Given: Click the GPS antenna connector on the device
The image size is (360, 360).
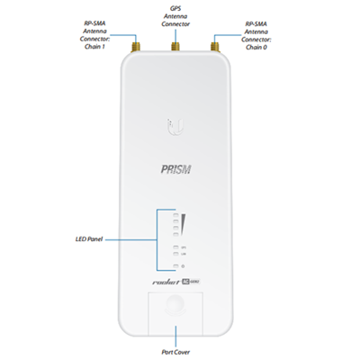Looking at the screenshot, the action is coord(175,47).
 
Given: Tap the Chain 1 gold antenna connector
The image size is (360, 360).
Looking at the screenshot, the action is coord(135,47).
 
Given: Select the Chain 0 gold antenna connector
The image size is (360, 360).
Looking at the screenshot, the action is coord(214,47).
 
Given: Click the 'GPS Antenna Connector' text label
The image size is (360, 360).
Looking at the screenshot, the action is coord(175,16).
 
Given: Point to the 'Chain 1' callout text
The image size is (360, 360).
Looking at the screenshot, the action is coord(94,47).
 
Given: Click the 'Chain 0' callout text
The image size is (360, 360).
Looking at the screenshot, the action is coord(256,47).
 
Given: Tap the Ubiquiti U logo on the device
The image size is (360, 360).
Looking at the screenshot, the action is coord(175,127).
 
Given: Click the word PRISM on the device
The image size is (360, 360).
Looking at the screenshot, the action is coord(175,169).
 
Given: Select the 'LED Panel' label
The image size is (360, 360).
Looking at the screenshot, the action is coord(89,239).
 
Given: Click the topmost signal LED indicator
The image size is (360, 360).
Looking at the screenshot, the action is coord(175,215).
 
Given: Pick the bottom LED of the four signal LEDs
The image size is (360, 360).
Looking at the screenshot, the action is coord(175,234).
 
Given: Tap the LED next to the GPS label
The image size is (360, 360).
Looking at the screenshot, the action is coord(175,247).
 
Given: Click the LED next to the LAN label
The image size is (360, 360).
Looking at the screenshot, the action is coord(175,254).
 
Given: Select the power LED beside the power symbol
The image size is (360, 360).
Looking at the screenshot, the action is coord(175,266).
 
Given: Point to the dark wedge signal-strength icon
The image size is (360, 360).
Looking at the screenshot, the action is coord(184,224).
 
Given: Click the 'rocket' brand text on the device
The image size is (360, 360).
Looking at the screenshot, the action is coord(166,282).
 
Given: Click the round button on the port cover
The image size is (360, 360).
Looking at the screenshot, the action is coord(175,304).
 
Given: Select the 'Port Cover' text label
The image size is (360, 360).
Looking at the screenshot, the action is coord(175,352).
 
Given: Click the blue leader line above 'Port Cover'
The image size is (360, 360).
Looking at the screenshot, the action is coord(175,337).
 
